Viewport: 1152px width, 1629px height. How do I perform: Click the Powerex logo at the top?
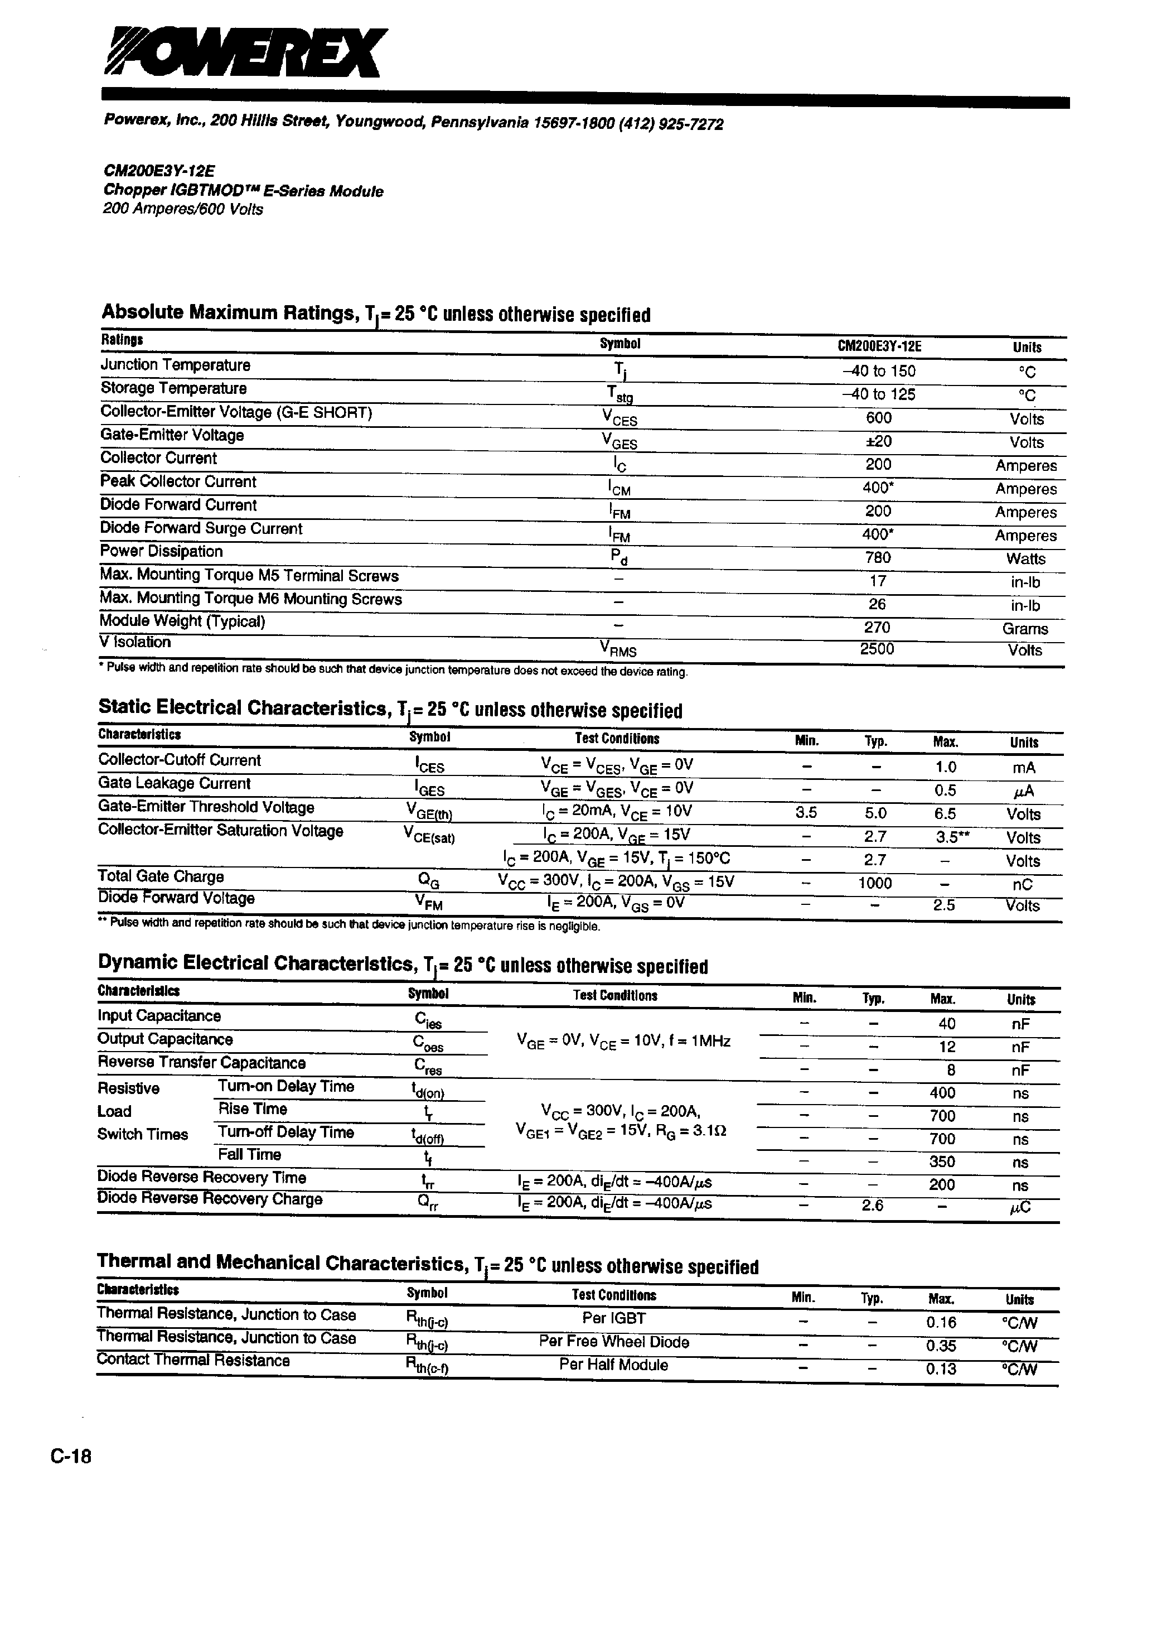click(245, 52)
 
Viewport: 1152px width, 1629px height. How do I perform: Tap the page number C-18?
click(71, 1457)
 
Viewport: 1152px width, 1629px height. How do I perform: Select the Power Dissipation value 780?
click(878, 558)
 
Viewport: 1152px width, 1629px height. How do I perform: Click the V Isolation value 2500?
click(877, 648)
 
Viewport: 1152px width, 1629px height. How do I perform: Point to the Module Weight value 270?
click(878, 627)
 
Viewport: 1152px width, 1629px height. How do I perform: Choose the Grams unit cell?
click(1025, 629)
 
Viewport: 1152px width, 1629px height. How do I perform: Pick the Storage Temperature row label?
click(174, 388)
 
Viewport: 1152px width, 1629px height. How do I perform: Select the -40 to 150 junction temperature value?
click(879, 371)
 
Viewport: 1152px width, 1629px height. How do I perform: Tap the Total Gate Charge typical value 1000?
click(875, 883)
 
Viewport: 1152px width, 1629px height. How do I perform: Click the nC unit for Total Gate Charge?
click(1023, 885)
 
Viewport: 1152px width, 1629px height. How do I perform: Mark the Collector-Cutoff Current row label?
click(180, 760)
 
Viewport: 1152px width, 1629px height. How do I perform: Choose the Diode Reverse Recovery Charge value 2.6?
click(873, 1204)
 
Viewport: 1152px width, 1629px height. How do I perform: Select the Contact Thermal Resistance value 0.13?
click(941, 1368)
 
